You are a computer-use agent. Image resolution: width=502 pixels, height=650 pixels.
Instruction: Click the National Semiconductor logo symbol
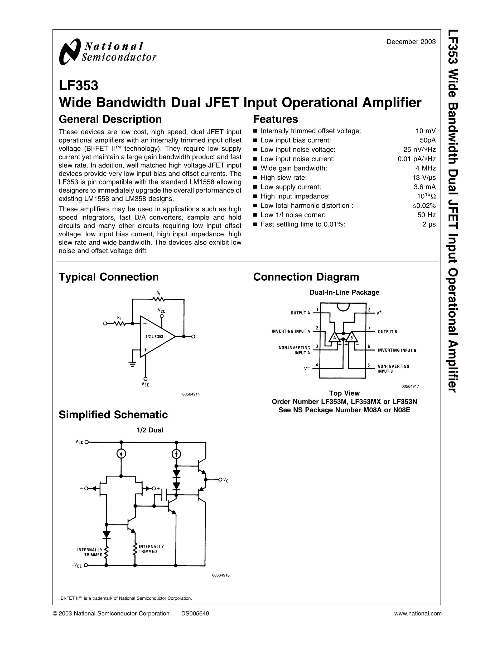coord(70,51)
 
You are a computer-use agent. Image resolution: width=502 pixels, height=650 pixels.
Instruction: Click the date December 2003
coord(411,42)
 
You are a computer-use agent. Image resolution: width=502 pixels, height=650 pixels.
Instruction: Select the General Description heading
coord(110,119)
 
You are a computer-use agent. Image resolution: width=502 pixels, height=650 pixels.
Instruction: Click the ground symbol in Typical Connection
coord(133,364)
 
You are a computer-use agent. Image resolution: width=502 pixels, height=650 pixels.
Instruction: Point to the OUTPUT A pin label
coord(300,313)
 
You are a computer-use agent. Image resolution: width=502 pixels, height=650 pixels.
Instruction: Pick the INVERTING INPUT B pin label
coord(397,350)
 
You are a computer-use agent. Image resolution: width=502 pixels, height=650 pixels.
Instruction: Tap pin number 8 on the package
coord(369,310)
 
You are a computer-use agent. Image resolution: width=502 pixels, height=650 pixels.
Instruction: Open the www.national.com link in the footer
coord(418,613)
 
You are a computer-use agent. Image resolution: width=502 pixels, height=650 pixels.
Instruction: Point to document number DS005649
coord(195,613)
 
